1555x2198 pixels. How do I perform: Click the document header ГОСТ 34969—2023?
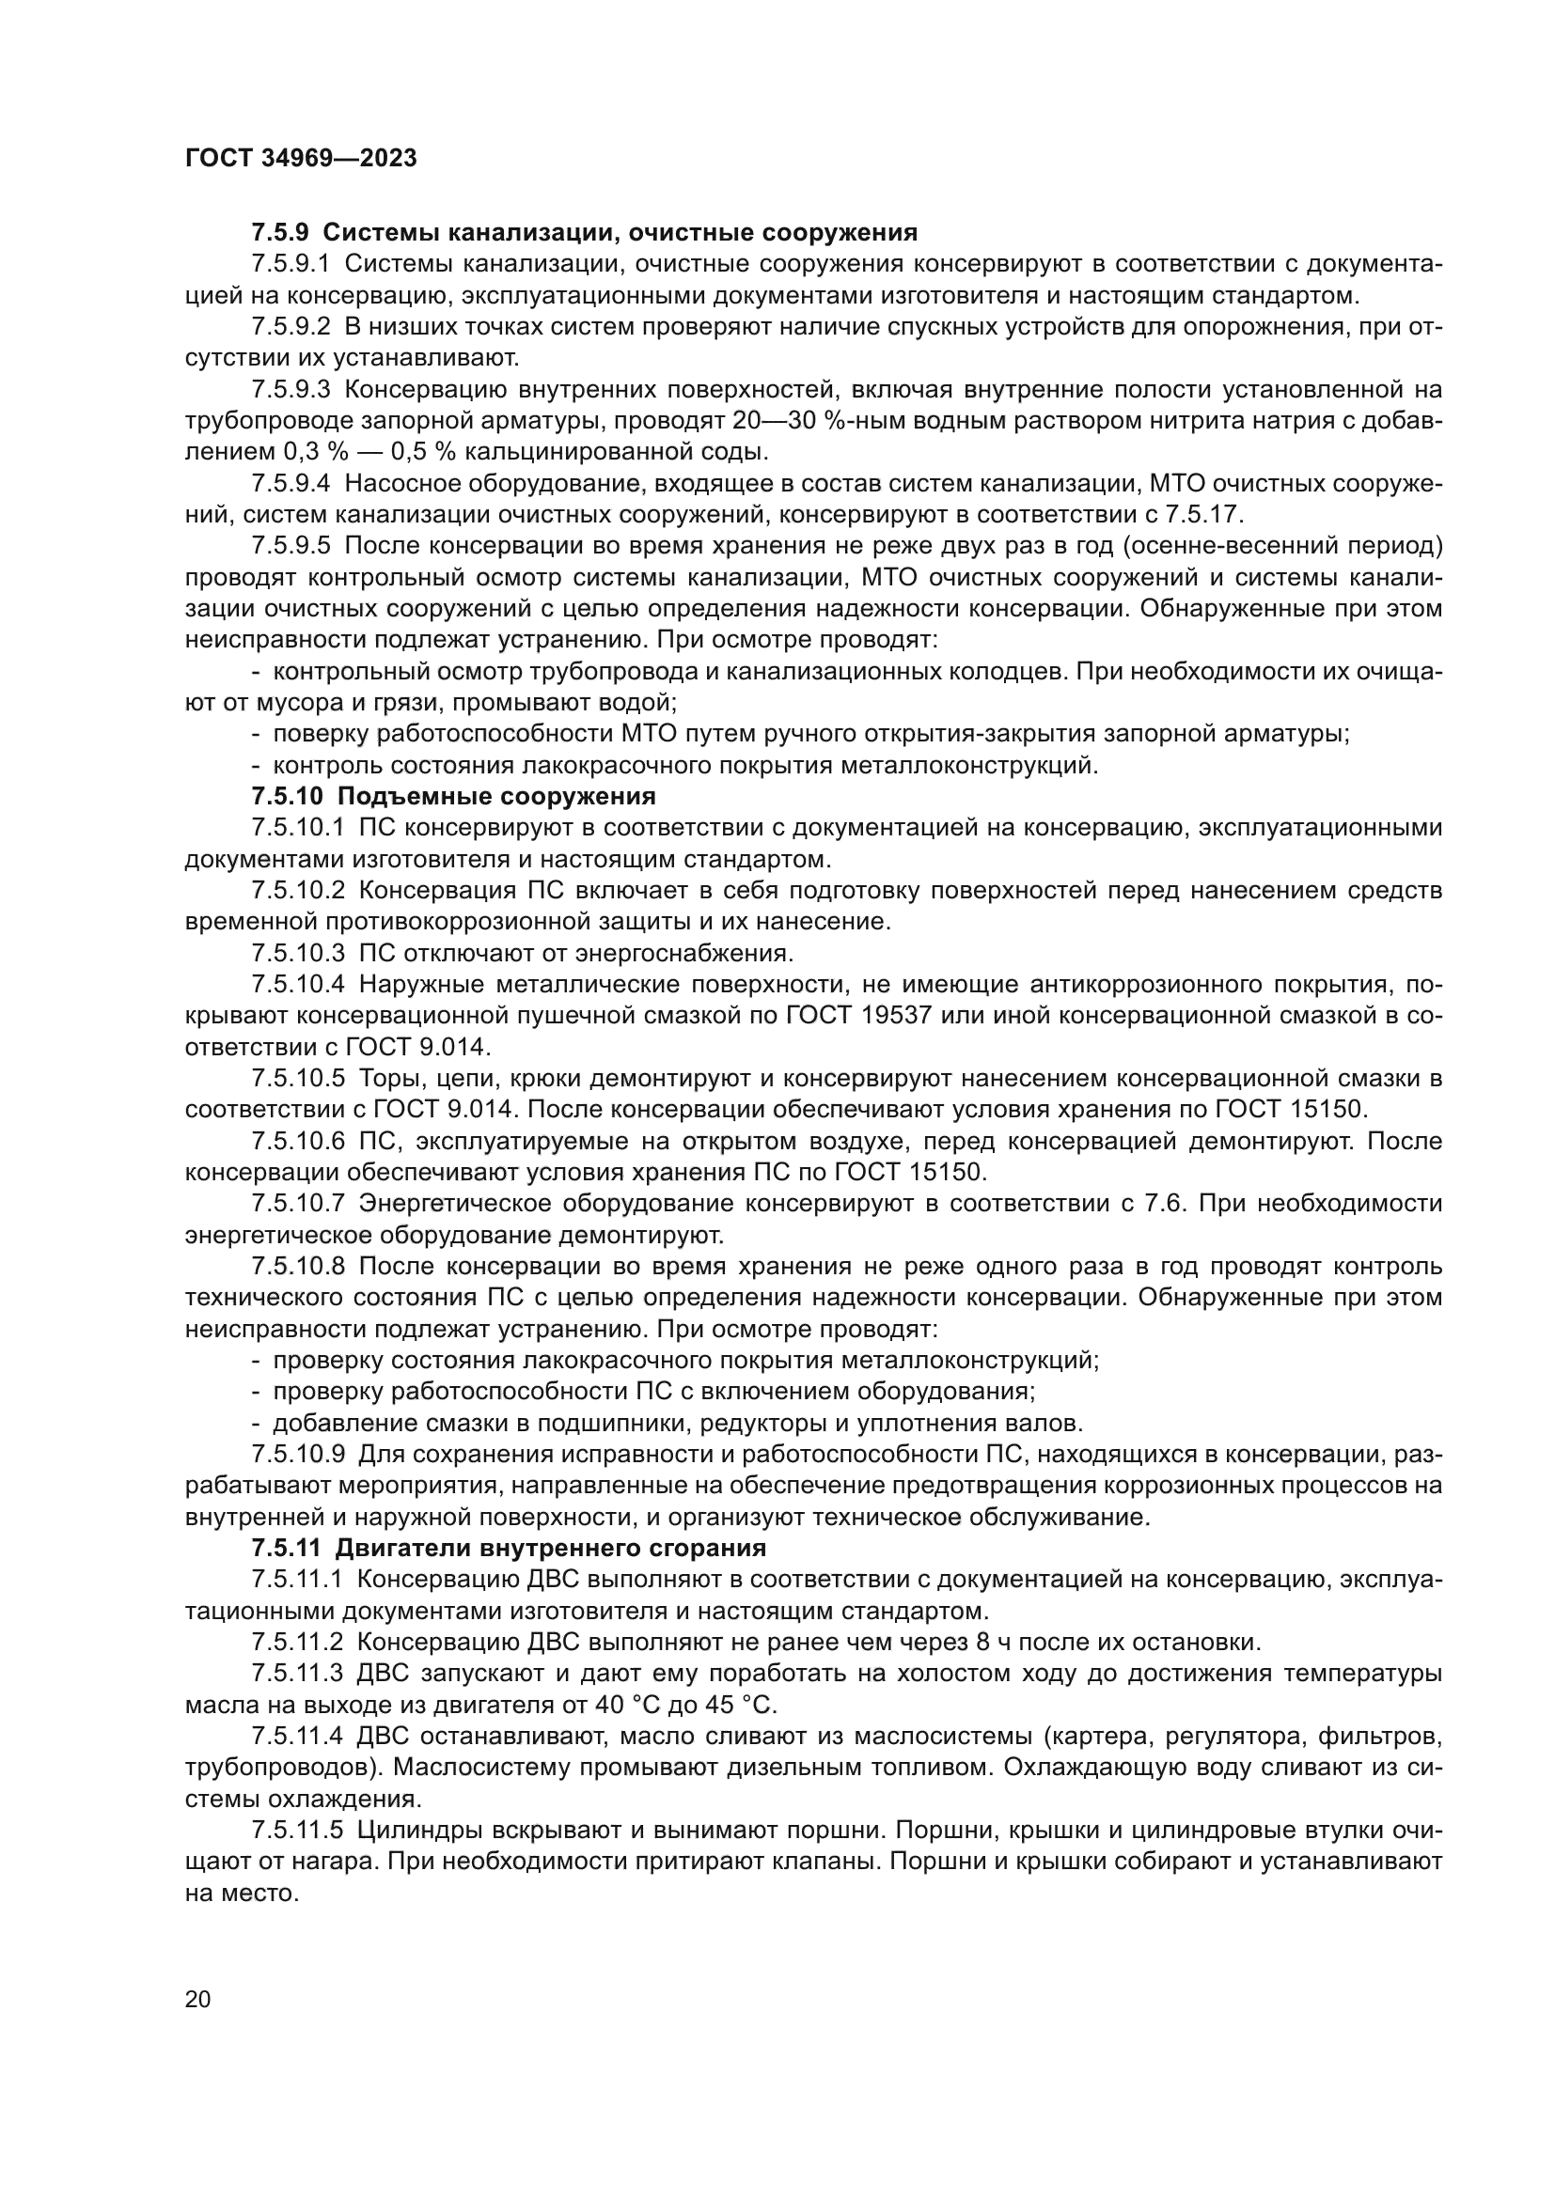301,159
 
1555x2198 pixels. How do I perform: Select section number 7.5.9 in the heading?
280,233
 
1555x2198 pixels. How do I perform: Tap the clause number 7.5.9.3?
291,390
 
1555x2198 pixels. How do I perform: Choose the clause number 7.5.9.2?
291,327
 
